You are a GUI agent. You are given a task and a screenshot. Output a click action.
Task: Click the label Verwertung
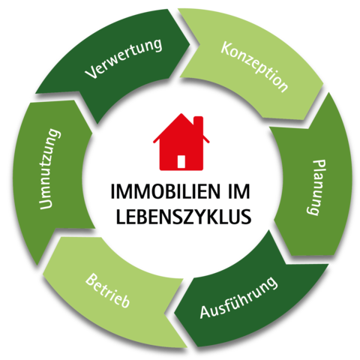[124, 58]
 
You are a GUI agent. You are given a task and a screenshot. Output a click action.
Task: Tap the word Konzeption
[254, 67]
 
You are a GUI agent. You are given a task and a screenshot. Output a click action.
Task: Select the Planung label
[316, 187]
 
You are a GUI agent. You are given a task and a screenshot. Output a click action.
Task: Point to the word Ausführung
[238, 298]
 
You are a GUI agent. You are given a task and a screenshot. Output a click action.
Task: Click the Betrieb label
[108, 290]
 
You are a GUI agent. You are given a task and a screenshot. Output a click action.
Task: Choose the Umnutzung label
[49, 169]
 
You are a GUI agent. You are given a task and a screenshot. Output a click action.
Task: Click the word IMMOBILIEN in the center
[166, 191]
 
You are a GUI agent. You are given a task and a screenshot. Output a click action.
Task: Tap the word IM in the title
[238, 191]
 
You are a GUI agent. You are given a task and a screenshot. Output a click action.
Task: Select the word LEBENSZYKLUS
[184, 216]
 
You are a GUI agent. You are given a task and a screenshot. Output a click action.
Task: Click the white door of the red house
[181, 161]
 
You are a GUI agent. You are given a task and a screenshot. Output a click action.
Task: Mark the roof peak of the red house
[181, 114]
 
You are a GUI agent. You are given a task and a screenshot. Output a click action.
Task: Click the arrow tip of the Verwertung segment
[190, 44]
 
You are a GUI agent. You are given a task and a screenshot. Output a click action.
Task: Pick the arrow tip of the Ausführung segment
[175, 313]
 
